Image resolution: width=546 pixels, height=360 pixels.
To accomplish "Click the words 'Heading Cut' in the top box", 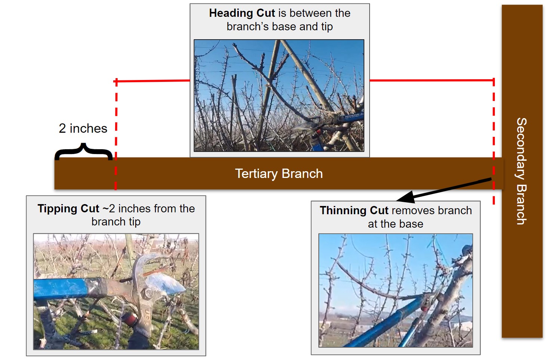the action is pos(242,13).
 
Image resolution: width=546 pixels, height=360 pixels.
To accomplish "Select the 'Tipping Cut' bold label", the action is pos(68,209).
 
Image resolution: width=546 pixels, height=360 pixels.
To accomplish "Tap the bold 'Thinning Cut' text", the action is pos(354,210).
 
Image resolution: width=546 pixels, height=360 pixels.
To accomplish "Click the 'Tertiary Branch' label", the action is pos(279,174).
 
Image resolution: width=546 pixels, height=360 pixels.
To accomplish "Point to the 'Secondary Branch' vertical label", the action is pos(522,171).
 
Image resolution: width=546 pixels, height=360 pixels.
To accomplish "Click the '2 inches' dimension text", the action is pos(83,129).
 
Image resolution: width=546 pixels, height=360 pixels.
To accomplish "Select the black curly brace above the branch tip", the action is pos(83,151).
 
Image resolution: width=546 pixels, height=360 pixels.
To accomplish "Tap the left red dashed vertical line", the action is pos(116,134).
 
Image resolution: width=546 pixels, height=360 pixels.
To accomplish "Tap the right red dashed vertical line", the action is pos(494,141).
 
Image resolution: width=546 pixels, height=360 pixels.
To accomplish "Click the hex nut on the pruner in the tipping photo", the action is pos(148,292).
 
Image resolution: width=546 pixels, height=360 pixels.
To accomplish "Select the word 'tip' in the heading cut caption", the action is pos(327,27).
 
